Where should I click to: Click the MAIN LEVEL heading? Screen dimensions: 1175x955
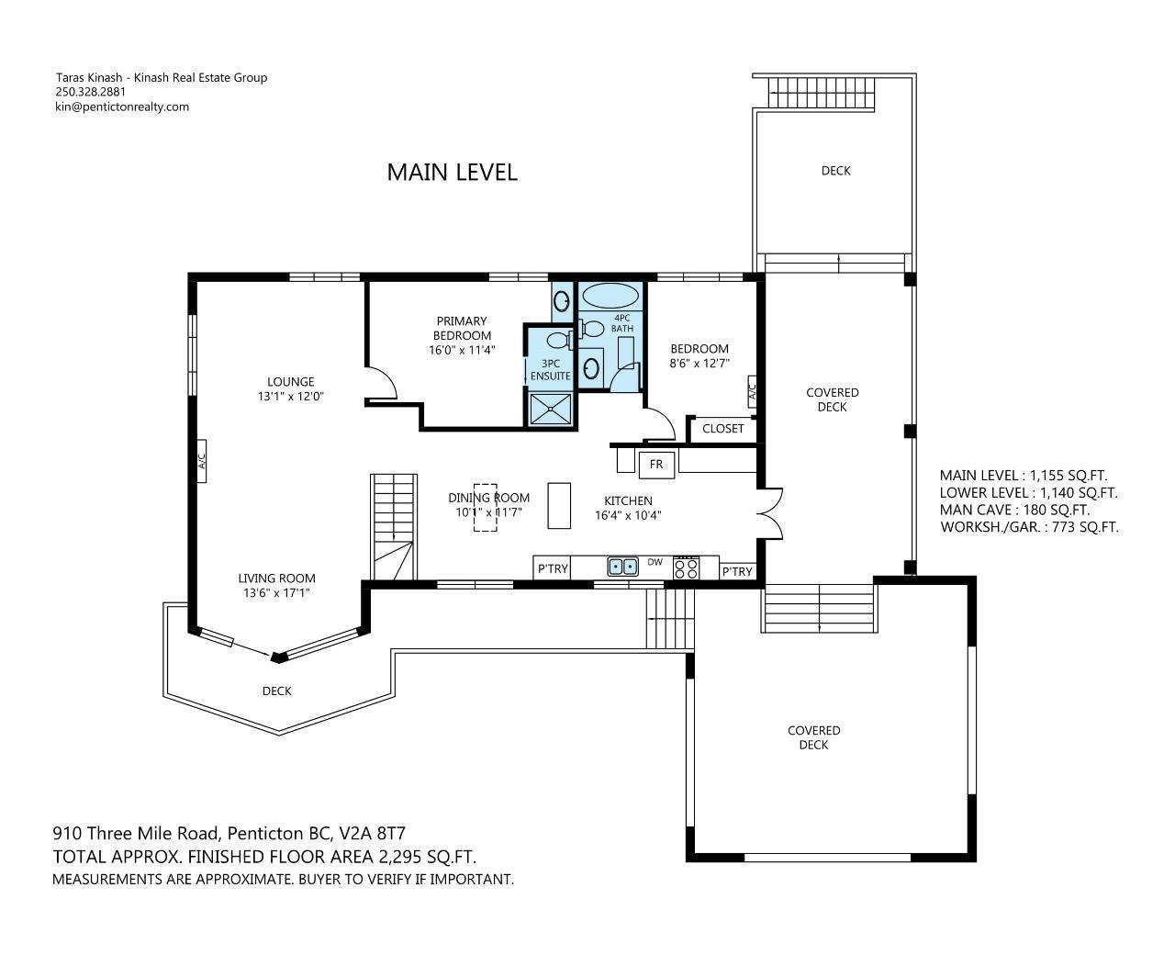(x=452, y=172)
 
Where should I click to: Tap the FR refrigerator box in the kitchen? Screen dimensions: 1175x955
(x=656, y=465)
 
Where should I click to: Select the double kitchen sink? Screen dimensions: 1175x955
(x=622, y=566)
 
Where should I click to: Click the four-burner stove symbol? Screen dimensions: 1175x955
(x=687, y=567)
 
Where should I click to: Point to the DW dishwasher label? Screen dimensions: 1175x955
(x=655, y=562)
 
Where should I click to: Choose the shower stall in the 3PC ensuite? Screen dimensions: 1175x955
(x=551, y=409)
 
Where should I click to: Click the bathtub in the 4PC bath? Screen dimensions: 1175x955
(x=610, y=296)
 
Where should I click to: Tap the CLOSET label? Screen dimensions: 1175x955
(x=722, y=429)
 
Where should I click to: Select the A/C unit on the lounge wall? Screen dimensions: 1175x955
(x=201, y=461)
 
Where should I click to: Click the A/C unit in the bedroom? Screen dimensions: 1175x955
(x=752, y=392)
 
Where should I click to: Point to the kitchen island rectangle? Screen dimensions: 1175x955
(x=559, y=506)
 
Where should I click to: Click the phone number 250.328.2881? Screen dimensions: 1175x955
(x=91, y=92)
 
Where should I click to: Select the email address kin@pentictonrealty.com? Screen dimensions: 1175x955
(x=122, y=107)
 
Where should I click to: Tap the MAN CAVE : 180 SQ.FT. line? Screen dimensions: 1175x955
(x=1015, y=510)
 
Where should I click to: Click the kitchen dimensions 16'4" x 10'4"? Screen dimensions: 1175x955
(x=628, y=515)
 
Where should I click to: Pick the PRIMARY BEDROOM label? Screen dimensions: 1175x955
(x=462, y=328)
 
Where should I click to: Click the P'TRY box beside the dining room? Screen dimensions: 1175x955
(x=553, y=568)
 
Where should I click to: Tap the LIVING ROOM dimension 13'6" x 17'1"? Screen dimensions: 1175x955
(x=276, y=593)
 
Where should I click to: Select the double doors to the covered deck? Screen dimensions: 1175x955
(x=770, y=513)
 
